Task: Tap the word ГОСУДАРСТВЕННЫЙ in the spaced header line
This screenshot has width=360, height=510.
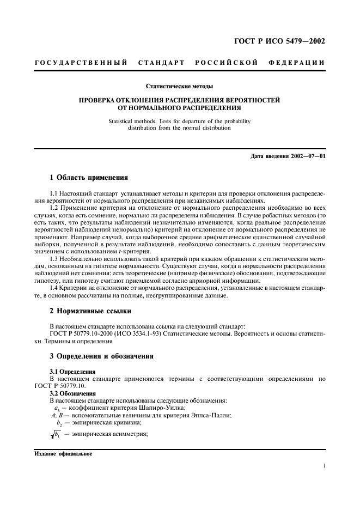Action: [x=81, y=63]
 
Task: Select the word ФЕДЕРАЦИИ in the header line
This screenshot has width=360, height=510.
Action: [x=296, y=63]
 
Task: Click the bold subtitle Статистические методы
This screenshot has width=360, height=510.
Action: [x=179, y=86]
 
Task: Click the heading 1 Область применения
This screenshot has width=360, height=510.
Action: [x=89, y=177]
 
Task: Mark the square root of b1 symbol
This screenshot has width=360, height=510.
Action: [x=54, y=434]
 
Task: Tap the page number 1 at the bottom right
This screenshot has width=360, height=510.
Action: [x=324, y=466]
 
